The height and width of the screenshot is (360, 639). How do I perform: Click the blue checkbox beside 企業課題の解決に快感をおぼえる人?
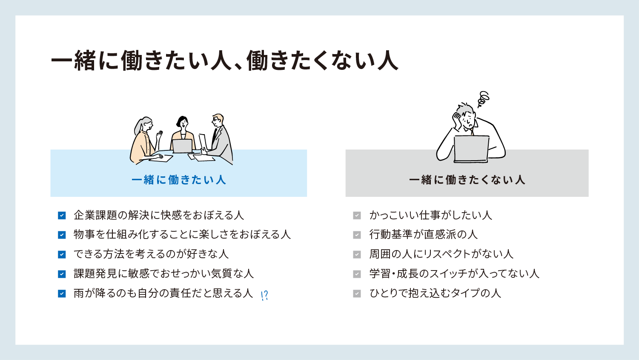[x=62, y=215]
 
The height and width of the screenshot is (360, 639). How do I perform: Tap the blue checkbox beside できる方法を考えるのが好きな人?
[x=62, y=254]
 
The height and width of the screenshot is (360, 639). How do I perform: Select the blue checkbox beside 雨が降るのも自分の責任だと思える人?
[x=62, y=294]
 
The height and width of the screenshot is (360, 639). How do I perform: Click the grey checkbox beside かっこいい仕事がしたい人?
[x=357, y=215]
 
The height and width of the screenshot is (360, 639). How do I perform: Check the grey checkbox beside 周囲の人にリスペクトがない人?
[x=357, y=254]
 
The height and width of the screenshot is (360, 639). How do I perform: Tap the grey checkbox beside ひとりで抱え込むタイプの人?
[x=357, y=294]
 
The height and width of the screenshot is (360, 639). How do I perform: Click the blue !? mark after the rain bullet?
[x=264, y=296]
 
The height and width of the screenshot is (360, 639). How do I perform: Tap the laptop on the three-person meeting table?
[x=183, y=146]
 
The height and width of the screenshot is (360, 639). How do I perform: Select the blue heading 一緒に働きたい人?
[x=179, y=180]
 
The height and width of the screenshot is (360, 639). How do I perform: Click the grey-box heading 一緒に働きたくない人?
[x=467, y=180]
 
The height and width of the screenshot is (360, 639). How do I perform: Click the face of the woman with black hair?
[x=183, y=123]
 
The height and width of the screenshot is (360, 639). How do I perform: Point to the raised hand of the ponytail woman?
[x=159, y=135]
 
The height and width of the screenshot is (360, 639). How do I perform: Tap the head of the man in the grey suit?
[x=218, y=121]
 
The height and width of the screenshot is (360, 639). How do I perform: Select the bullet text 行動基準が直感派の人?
[x=423, y=234]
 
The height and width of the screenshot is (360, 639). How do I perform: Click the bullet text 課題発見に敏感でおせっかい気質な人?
[x=163, y=274]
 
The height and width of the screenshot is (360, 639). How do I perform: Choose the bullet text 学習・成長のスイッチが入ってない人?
[x=454, y=274]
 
